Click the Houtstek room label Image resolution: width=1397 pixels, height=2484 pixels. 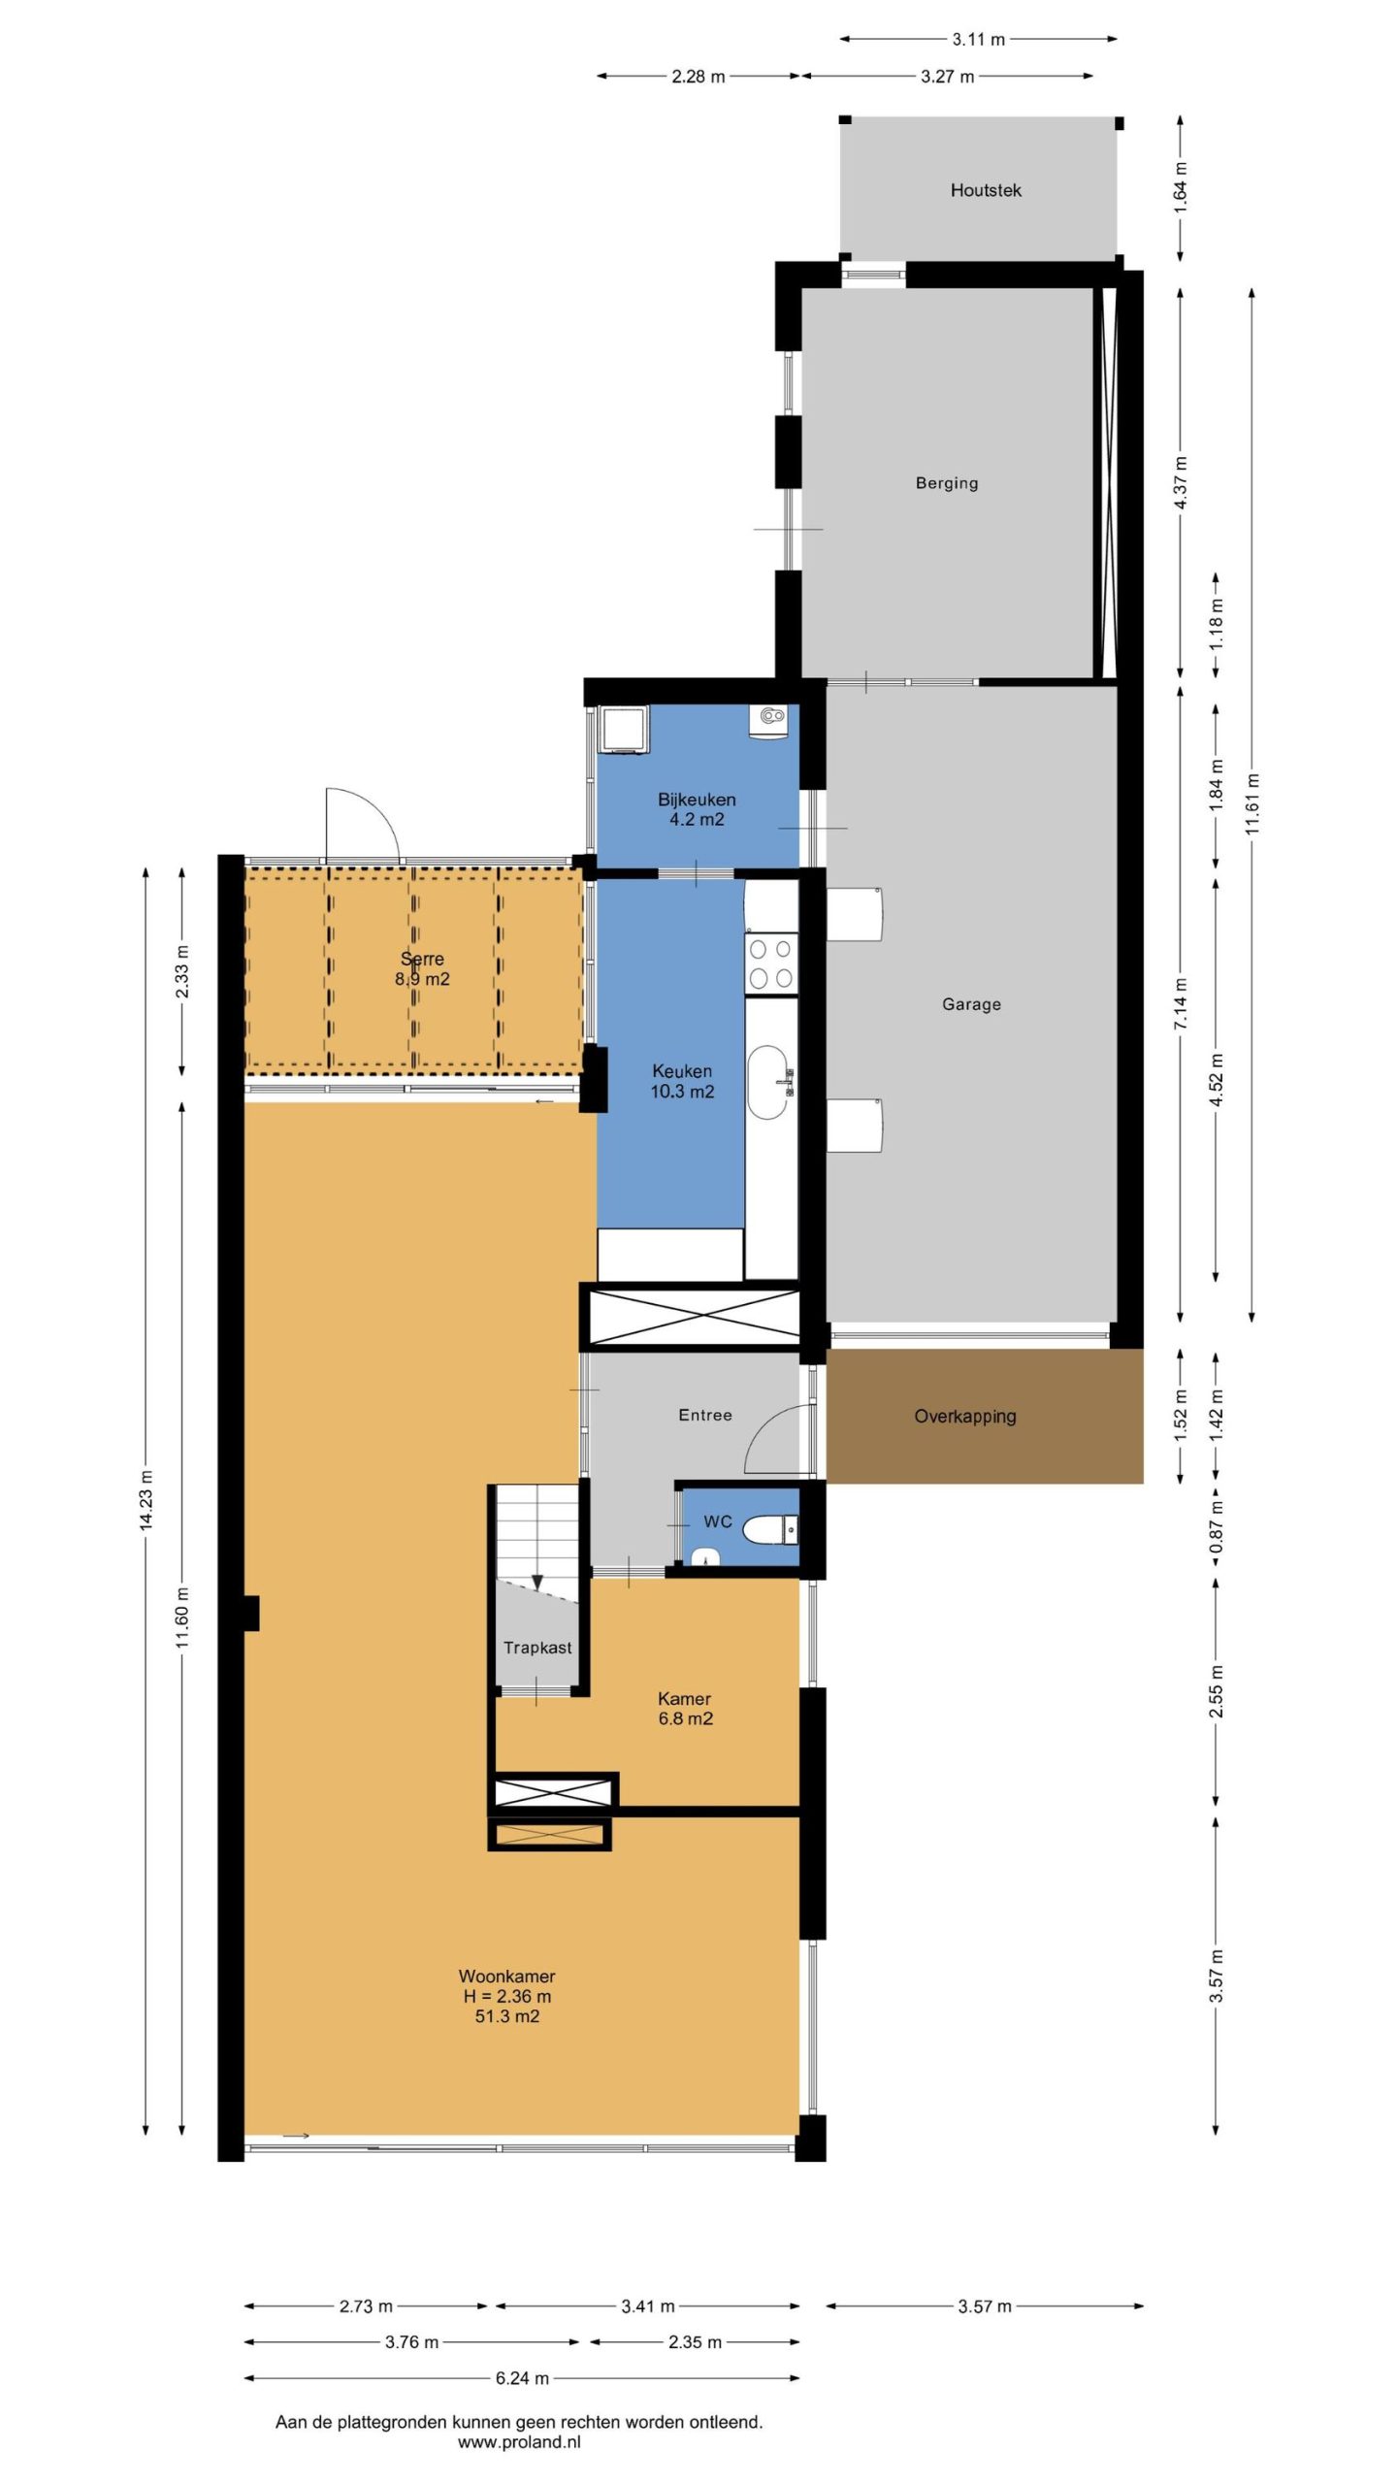tap(986, 190)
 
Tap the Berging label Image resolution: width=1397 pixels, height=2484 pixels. tap(947, 483)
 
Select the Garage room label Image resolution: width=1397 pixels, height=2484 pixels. tap(971, 1004)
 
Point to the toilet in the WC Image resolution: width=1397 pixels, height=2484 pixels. tap(771, 1530)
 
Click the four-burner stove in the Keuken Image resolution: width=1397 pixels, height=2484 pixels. tap(771, 964)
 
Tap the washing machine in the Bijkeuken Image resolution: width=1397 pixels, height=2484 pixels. tap(624, 730)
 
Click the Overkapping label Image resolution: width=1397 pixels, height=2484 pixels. tap(965, 1416)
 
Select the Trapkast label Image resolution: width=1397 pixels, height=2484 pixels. tap(537, 1648)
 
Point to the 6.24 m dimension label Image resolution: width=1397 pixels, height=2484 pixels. tap(522, 2378)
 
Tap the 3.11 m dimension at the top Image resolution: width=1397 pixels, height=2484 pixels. tap(978, 40)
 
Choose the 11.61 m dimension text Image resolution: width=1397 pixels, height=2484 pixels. tap(1252, 803)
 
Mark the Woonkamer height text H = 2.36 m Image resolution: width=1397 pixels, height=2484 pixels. tap(507, 1996)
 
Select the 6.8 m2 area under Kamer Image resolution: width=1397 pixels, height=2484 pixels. tap(686, 1718)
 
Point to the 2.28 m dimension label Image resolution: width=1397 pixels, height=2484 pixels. tap(698, 77)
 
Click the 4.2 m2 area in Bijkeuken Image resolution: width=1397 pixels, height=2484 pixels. tap(697, 819)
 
